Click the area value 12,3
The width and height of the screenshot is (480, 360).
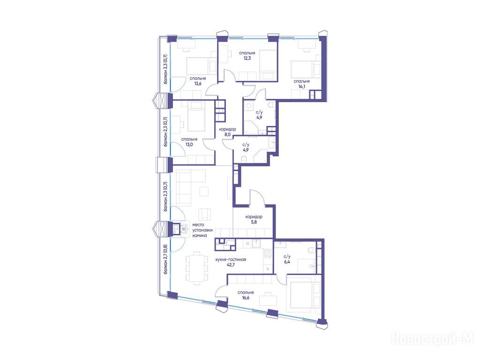pyautogui.click(x=247, y=58)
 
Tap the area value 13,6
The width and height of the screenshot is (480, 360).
pyautogui.click(x=197, y=83)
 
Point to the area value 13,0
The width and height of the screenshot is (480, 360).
pyautogui.click(x=189, y=144)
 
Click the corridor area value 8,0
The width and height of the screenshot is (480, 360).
pyautogui.click(x=227, y=134)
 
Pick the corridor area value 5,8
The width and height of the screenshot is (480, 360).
pyautogui.click(x=254, y=222)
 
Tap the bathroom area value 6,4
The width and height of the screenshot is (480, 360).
pyautogui.click(x=287, y=262)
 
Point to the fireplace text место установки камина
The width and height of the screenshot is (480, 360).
pyautogui.click(x=202, y=230)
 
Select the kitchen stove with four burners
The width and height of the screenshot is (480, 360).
pyautogui.click(x=268, y=253)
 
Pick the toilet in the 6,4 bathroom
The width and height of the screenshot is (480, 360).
pyautogui.click(x=311, y=250)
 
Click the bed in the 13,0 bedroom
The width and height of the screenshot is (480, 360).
pyautogui.click(x=197, y=117)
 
